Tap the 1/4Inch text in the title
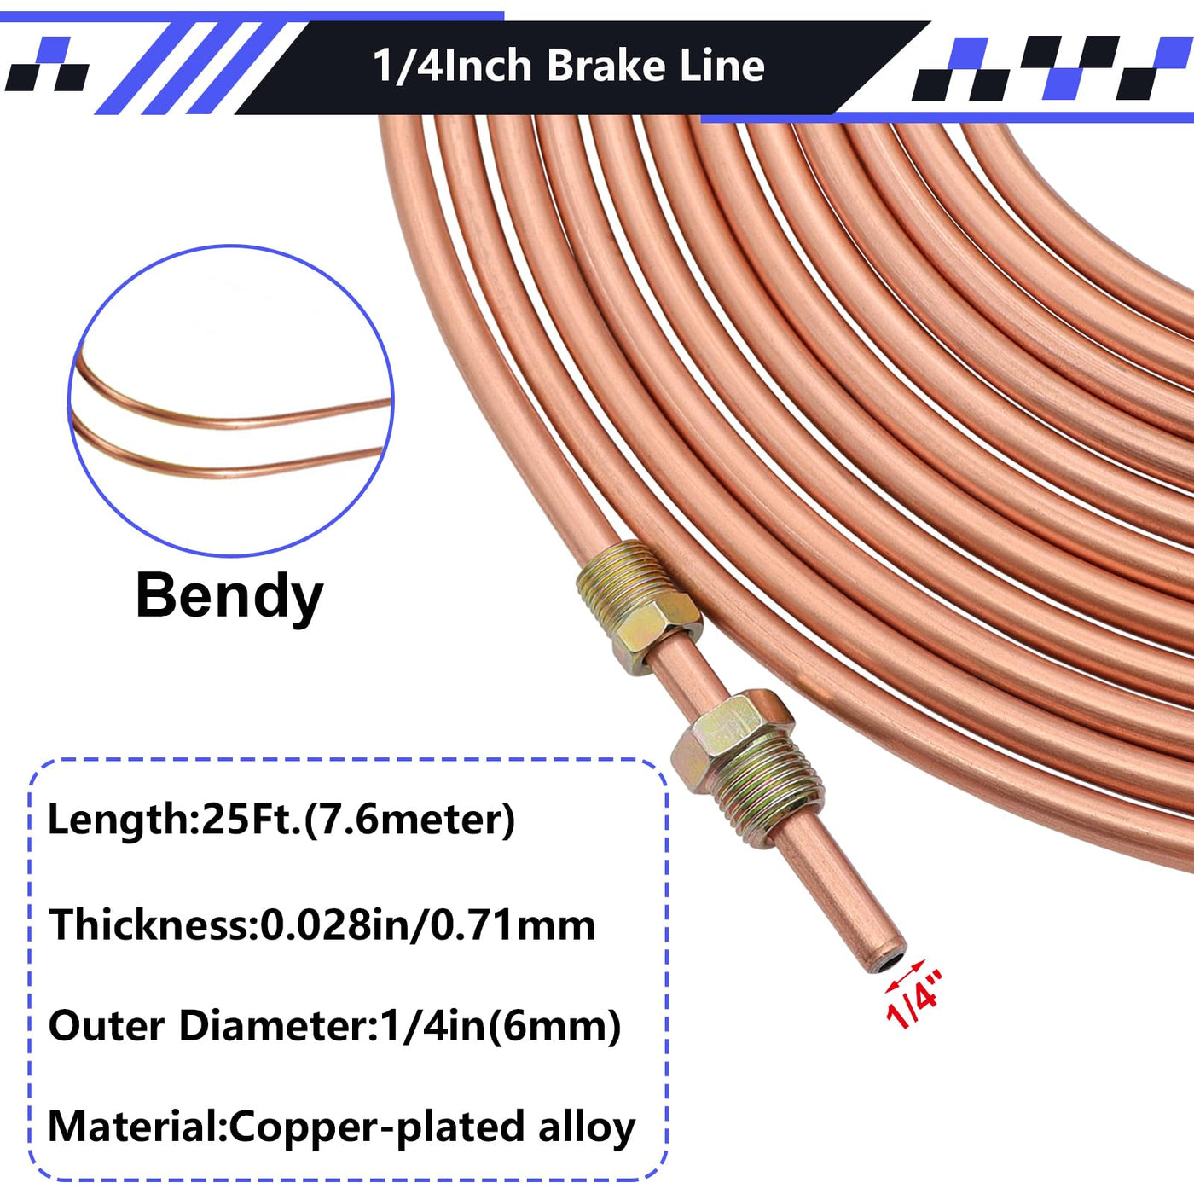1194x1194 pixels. pos(453,66)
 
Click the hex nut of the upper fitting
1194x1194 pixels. pos(656,631)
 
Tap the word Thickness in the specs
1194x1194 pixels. pos(148,924)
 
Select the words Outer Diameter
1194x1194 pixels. pos(207,1026)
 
